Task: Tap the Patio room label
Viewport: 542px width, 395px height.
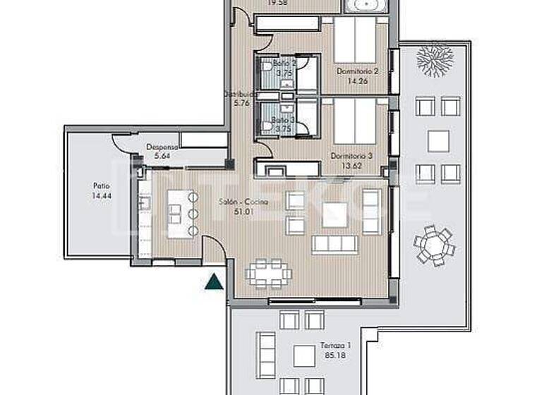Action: pos(100,187)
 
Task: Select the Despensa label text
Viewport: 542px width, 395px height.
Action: pos(159,147)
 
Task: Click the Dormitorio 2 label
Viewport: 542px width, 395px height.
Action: pos(359,71)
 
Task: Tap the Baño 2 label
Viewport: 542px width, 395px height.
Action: pos(284,63)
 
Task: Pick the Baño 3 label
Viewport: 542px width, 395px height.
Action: pos(283,120)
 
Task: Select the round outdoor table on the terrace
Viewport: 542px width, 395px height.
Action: pos(434,245)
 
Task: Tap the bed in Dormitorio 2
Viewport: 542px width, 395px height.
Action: pos(354,40)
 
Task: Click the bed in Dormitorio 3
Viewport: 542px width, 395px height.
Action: pos(354,120)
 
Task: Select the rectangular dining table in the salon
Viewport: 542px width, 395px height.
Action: pos(268,272)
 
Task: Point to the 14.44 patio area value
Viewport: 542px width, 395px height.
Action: pos(100,196)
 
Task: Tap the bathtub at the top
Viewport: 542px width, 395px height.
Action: pos(365,6)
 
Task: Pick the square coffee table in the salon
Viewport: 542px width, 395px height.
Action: pos(335,214)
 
